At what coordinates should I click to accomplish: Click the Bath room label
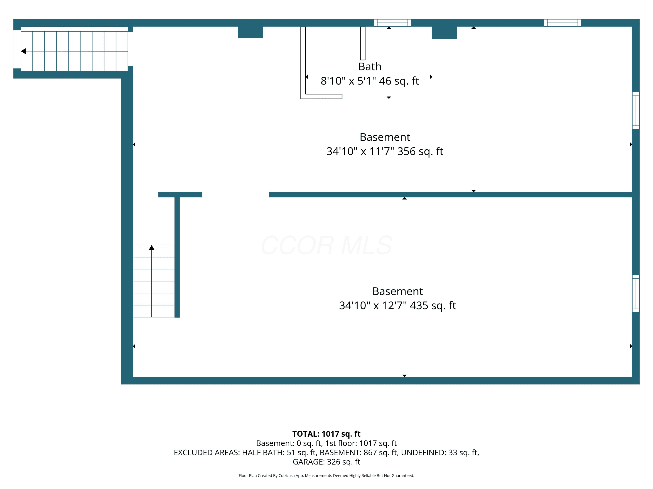[x=370, y=67]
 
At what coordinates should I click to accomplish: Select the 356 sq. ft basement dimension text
[x=385, y=151]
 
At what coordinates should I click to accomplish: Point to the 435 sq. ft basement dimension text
[x=397, y=305]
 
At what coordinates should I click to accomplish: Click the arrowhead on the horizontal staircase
[x=23, y=51]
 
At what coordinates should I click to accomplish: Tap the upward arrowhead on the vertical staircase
[x=151, y=248]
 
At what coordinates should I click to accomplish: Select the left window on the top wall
[x=392, y=23]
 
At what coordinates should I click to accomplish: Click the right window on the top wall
[x=562, y=23]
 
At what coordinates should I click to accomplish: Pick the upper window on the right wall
[x=636, y=110]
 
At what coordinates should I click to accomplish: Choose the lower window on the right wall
[x=636, y=294]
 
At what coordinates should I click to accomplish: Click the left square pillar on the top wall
[x=250, y=32]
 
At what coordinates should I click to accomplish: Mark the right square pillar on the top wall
[x=444, y=32]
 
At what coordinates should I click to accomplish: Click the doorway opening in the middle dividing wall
[x=236, y=195]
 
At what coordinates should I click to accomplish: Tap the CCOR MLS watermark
[x=326, y=245]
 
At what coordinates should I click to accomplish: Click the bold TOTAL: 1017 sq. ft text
[x=326, y=434]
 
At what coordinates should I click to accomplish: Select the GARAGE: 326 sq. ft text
[x=326, y=462]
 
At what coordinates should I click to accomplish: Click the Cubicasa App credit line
[x=326, y=476]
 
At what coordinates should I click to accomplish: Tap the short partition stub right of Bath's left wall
[x=362, y=43]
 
